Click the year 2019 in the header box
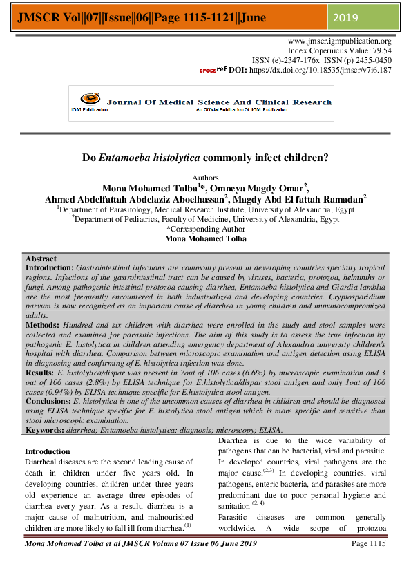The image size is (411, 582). [347, 17]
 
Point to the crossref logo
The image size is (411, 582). [211, 70]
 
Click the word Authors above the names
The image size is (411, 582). [205, 178]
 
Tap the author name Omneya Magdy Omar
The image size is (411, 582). [266, 188]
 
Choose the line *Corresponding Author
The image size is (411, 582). [205, 228]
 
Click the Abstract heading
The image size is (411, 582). [41, 258]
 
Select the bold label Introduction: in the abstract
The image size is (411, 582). [49, 266]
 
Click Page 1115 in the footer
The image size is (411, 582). [368, 564]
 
